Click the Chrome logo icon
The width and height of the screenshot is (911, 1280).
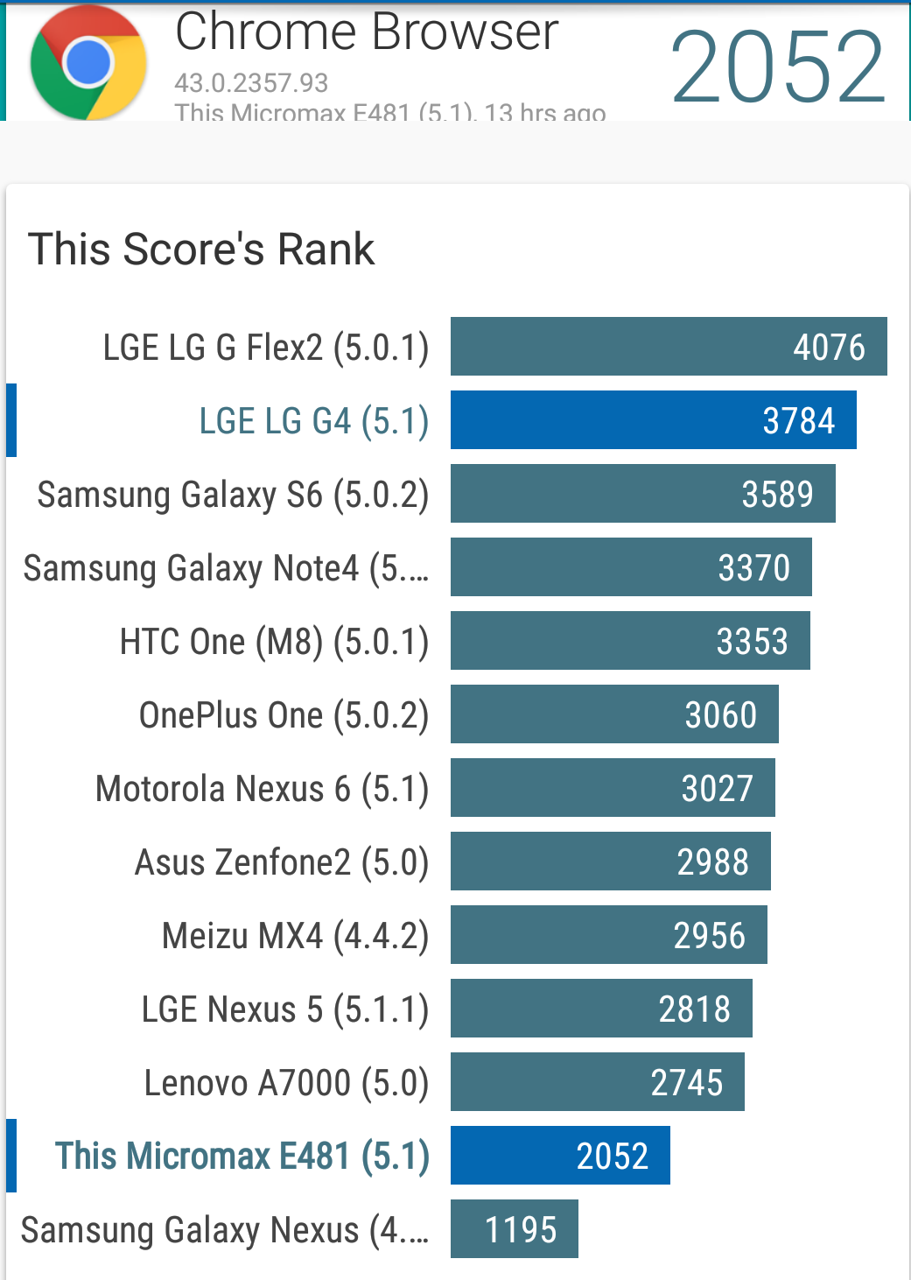pyautogui.click(x=88, y=63)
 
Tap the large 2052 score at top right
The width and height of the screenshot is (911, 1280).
pyautogui.click(x=778, y=67)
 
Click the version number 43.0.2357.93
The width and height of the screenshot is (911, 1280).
pyautogui.click(x=251, y=83)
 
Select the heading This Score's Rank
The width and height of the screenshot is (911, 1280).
pyautogui.click(x=201, y=250)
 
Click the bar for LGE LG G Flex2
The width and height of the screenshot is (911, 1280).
pyautogui.click(x=668, y=347)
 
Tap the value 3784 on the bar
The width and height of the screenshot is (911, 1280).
pyautogui.click(x=798, y=421)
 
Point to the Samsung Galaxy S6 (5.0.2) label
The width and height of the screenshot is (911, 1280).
pyautogui.click(x=233, y=495)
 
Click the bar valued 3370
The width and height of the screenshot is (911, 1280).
pyautogui.click(x=630, y=567)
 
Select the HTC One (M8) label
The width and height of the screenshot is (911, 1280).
pyautogui.click(x=274, y=642)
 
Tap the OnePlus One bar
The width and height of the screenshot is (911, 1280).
pyautogui.click(x=613, y=714)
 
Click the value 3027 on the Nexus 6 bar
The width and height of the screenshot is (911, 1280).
pyautogui.click(x=717, y=789)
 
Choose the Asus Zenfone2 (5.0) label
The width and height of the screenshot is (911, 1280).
pyautogui.click(x=281, y=862)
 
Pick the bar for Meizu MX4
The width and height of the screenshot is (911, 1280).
pyautogui.click(x=608, y=935)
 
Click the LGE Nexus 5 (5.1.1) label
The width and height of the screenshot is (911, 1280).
pyautogui.click(x=285, y=1009)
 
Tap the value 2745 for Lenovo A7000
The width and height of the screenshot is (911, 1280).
pyautogui.click(x=686, y=1083)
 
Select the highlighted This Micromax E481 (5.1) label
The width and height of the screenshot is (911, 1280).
pyautogui.click(x=242, y=1157)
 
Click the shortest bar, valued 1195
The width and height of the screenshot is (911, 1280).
pyautogui.click(x=514, y=1229)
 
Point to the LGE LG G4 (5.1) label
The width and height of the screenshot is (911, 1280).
pyautogui.click(x=313, y=421)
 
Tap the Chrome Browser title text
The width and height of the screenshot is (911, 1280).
pyautogui.click(x=367, y=32)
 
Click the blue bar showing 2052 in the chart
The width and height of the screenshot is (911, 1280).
pyautogui.click(x=560, y=1156)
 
